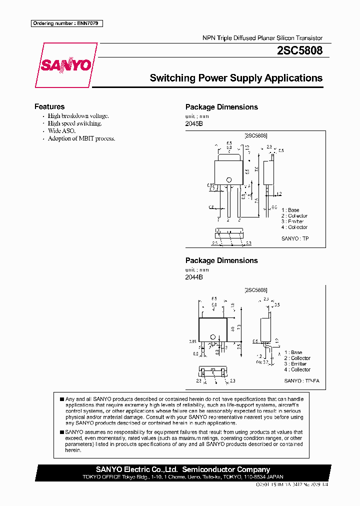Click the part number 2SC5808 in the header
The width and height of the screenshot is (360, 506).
[x=299, y=50]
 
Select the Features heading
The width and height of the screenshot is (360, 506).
[x=49, y=106]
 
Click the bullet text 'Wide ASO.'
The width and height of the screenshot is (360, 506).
[x=61, y=130]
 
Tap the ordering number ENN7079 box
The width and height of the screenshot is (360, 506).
[x=66, y=23]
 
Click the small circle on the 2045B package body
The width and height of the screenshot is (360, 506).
[x=229, y=180]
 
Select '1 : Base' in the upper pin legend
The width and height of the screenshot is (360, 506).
[x=290, y=210]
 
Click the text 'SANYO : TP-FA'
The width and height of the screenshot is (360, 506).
[x=301, y=380]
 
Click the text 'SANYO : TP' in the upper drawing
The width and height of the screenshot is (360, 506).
[x=295, y=238]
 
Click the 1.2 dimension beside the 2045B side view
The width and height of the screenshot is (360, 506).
[x=279, y=193]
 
